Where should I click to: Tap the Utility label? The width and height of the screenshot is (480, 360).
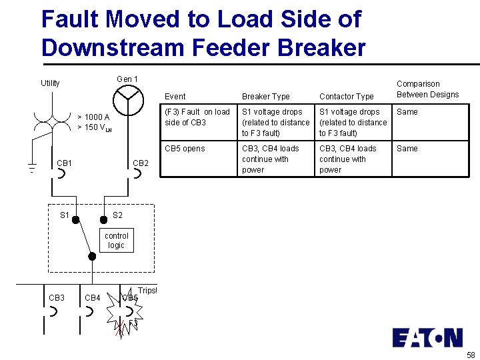50,83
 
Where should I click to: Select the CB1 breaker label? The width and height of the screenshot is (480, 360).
65,163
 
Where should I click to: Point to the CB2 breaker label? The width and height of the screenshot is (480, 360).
141,163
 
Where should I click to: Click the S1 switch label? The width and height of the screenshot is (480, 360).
65,215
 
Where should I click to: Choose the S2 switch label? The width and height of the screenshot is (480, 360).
117,215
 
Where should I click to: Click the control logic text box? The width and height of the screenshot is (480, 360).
117,240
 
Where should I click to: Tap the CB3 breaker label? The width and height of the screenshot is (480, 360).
57,297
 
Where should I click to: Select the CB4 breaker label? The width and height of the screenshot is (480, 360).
93,297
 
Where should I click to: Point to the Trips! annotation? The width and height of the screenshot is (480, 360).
147,291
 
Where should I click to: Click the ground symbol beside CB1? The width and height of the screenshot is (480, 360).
31,167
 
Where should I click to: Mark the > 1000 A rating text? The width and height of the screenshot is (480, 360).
93,117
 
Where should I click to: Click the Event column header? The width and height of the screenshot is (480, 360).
175,97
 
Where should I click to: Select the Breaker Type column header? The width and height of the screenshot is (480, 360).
265,97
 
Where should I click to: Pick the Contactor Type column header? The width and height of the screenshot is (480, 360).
346,97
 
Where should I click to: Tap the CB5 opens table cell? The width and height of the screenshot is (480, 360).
185,149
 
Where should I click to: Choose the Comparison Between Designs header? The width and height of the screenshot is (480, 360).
427,89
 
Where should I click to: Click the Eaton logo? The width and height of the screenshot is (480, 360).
427,337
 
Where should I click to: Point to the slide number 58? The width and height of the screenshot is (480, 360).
471,355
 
